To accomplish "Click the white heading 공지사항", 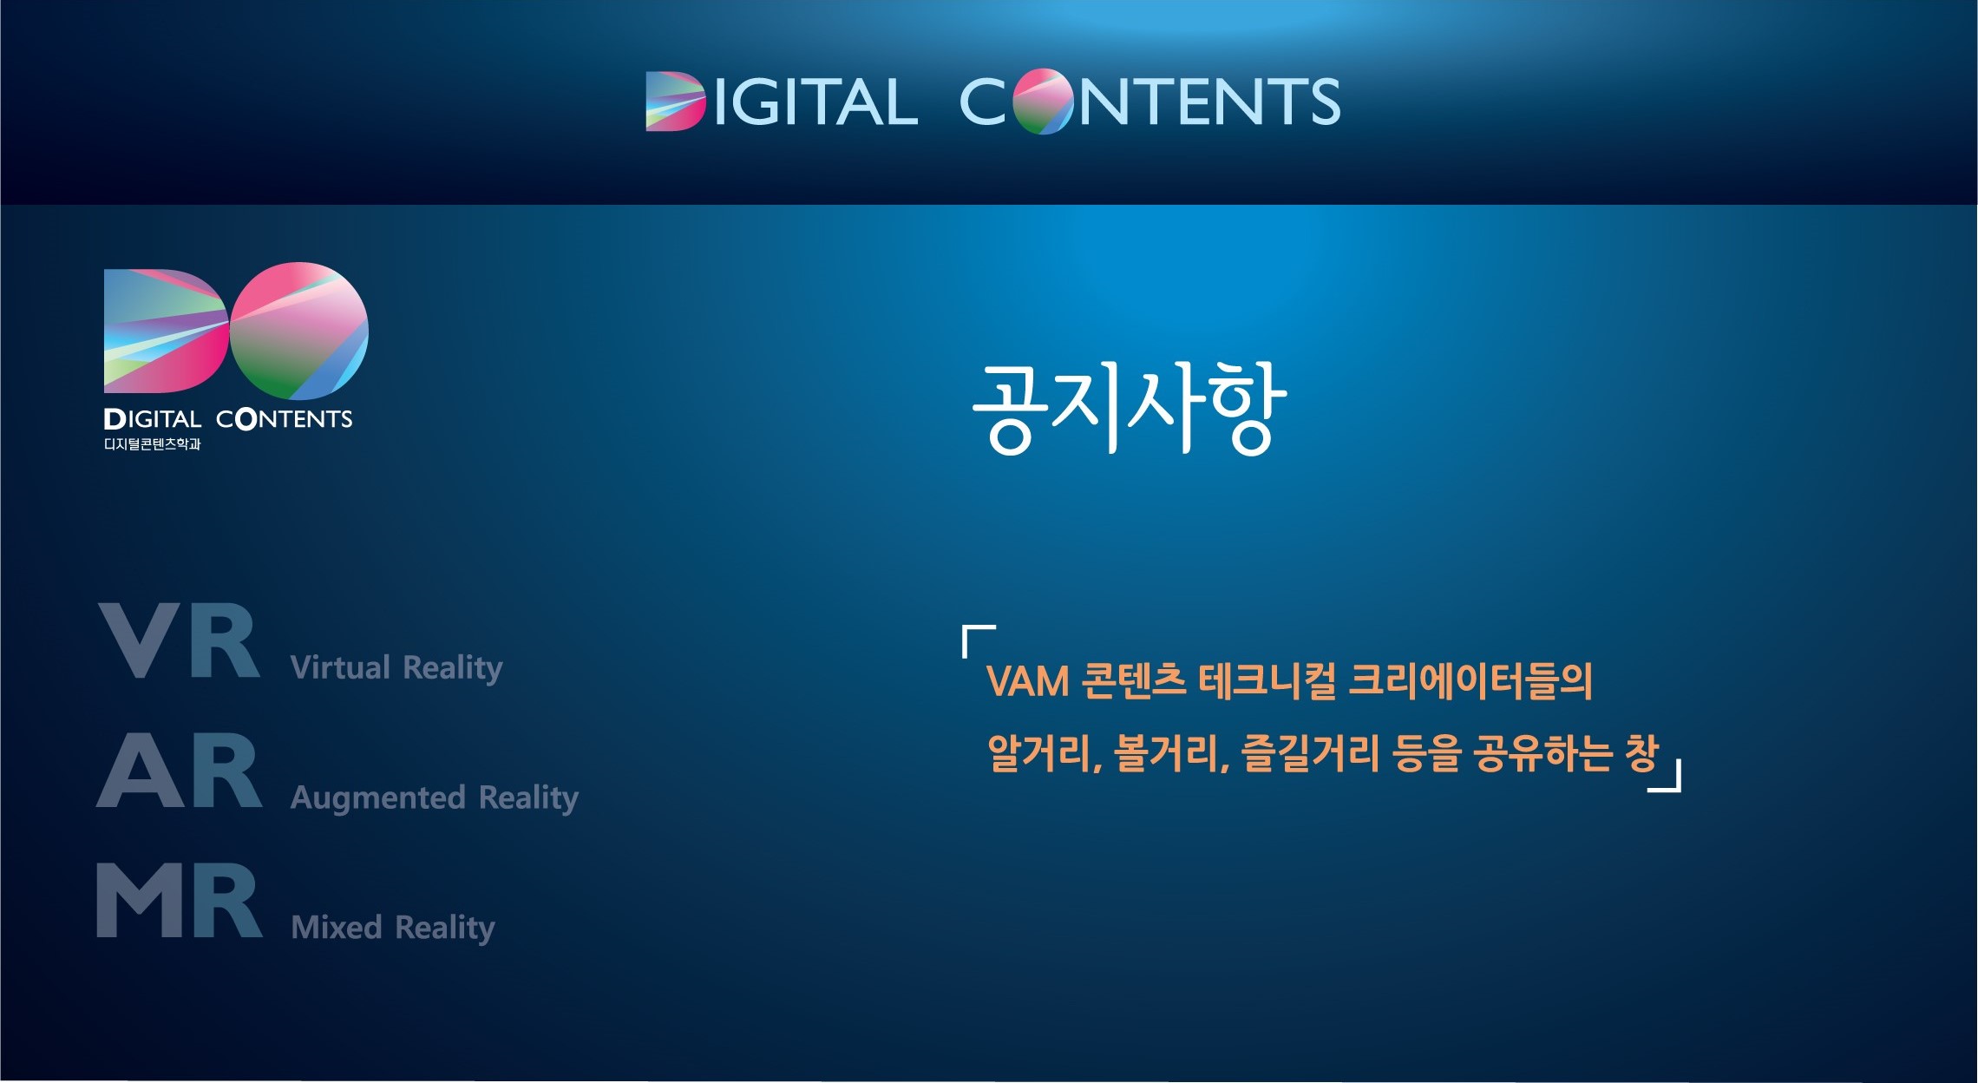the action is [1128, 408].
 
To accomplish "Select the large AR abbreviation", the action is [180, 771].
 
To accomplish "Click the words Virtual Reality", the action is [396, 668].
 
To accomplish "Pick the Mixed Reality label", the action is [393, 928].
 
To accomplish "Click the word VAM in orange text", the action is [1028, 682].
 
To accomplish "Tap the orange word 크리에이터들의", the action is [1471, 681].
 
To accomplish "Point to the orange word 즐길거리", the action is [1310, 753].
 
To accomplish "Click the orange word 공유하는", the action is [1543, 753].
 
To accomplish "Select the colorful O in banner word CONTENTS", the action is [1043, 102].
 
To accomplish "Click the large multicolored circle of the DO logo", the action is [299, 331].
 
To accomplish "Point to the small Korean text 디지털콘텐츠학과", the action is [153, 444].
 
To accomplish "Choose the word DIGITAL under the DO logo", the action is [153, 420].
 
